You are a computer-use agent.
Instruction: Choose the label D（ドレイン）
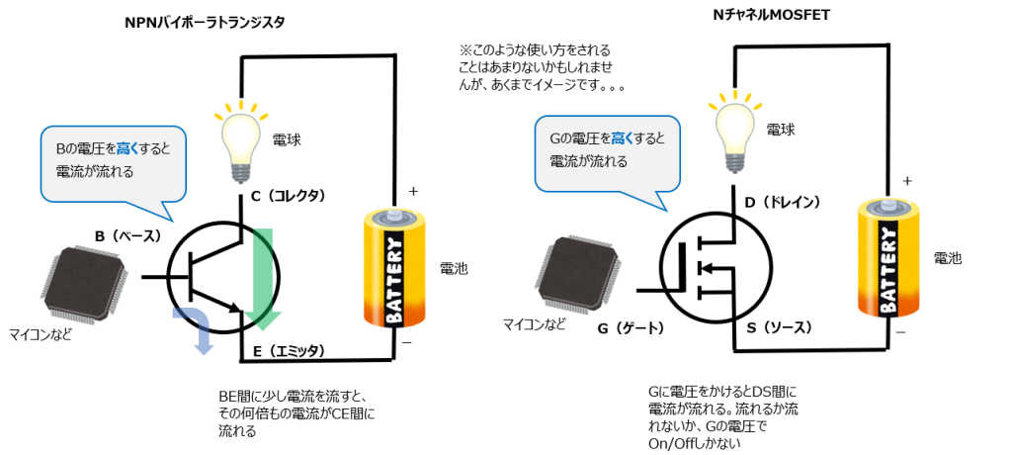(783, 203)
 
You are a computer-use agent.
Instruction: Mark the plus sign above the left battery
(413, 191)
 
